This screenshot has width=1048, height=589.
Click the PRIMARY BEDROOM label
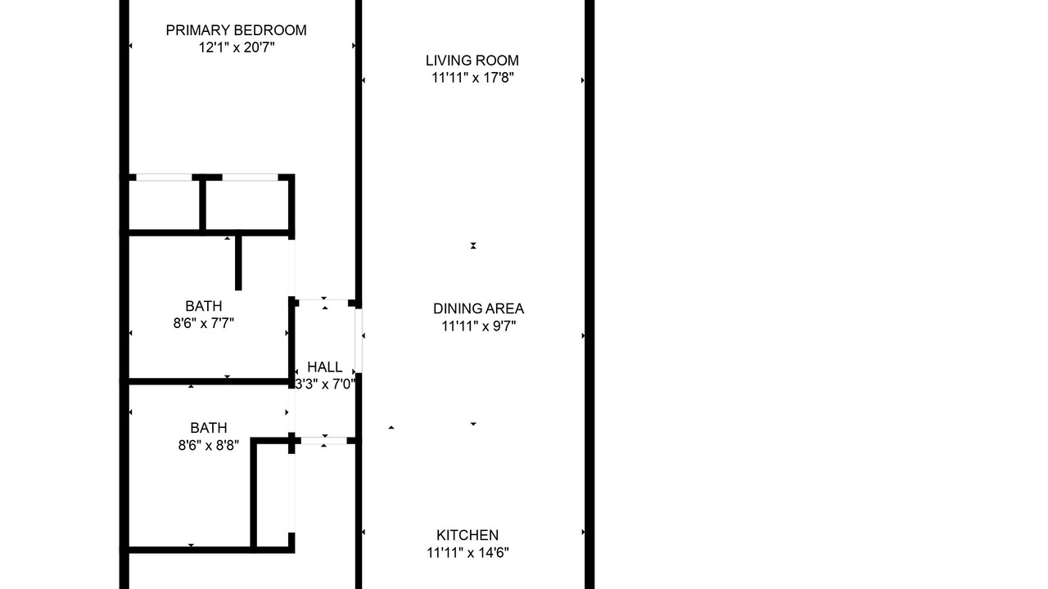point(237,30)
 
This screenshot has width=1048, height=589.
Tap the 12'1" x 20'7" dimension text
point(237,47)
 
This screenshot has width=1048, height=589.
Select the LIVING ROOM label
point(472,61)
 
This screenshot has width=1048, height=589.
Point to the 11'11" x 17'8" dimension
point(472,78)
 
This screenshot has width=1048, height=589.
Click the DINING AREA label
point(479,308)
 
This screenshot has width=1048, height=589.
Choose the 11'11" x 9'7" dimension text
point(479,326)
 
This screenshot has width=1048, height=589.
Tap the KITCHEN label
point(468,535)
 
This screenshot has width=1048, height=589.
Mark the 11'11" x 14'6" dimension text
point(468,553)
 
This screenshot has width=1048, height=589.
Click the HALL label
point(325,367)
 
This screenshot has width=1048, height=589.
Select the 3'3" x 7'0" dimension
point(325,384)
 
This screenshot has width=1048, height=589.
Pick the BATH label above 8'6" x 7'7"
point(204,306)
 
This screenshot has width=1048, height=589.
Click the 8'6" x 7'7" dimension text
point(204,323)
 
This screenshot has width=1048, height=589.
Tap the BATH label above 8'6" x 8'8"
point(209,428)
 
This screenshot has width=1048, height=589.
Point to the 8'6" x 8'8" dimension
point(209,446)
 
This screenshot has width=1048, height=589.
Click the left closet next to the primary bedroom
point(165,205)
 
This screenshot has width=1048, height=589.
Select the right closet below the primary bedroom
point(247,205)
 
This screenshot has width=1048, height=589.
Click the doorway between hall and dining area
point(359,341)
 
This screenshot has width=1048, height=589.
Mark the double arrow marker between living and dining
point(473,245)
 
